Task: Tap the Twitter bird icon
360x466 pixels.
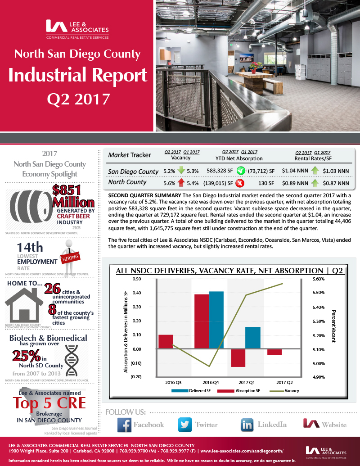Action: tap(185, 425)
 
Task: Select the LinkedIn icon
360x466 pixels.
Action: tap(247, 425)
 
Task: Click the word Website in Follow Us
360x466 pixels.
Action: tap(334, 425)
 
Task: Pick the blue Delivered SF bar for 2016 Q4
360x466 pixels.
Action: tap(216, 320)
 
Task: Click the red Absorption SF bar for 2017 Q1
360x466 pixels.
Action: tap(238, 358)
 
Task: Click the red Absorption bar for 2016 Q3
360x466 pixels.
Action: tap(166, 341)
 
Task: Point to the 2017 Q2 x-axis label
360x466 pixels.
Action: tap(282, 382)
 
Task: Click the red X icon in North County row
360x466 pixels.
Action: tap(240, 183)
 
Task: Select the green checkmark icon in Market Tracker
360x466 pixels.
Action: tap(241, 171)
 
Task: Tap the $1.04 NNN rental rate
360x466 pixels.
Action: tap(294, 171)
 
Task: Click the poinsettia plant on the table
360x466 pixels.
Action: tap(254, 66)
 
